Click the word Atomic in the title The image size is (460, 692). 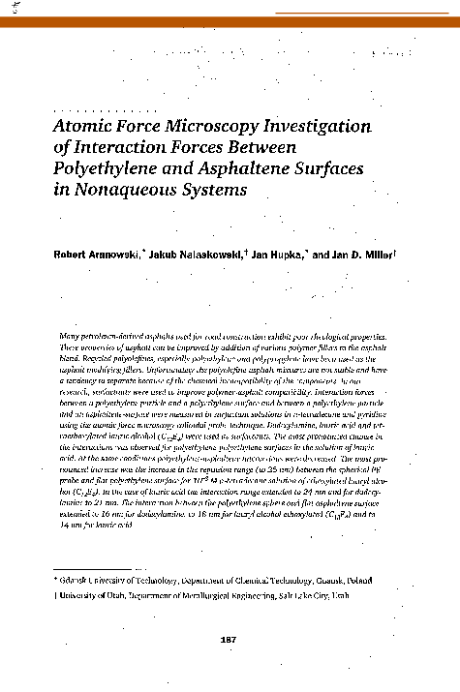79,126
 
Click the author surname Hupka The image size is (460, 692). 304,254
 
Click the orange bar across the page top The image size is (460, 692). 230,19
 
